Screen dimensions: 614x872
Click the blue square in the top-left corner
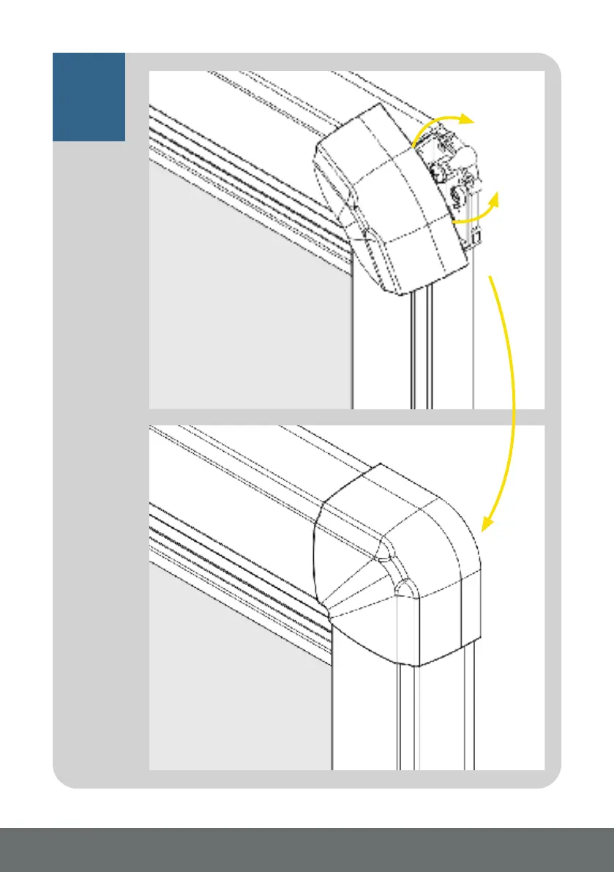click(89, 96)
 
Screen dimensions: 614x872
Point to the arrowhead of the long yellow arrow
click(484, 523)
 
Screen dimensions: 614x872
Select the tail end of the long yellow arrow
click(491, 277)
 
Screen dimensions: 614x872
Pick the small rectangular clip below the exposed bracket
click(476, 236)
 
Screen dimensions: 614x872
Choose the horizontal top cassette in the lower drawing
click(242, 476)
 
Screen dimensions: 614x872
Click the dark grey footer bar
click(307, 849)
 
